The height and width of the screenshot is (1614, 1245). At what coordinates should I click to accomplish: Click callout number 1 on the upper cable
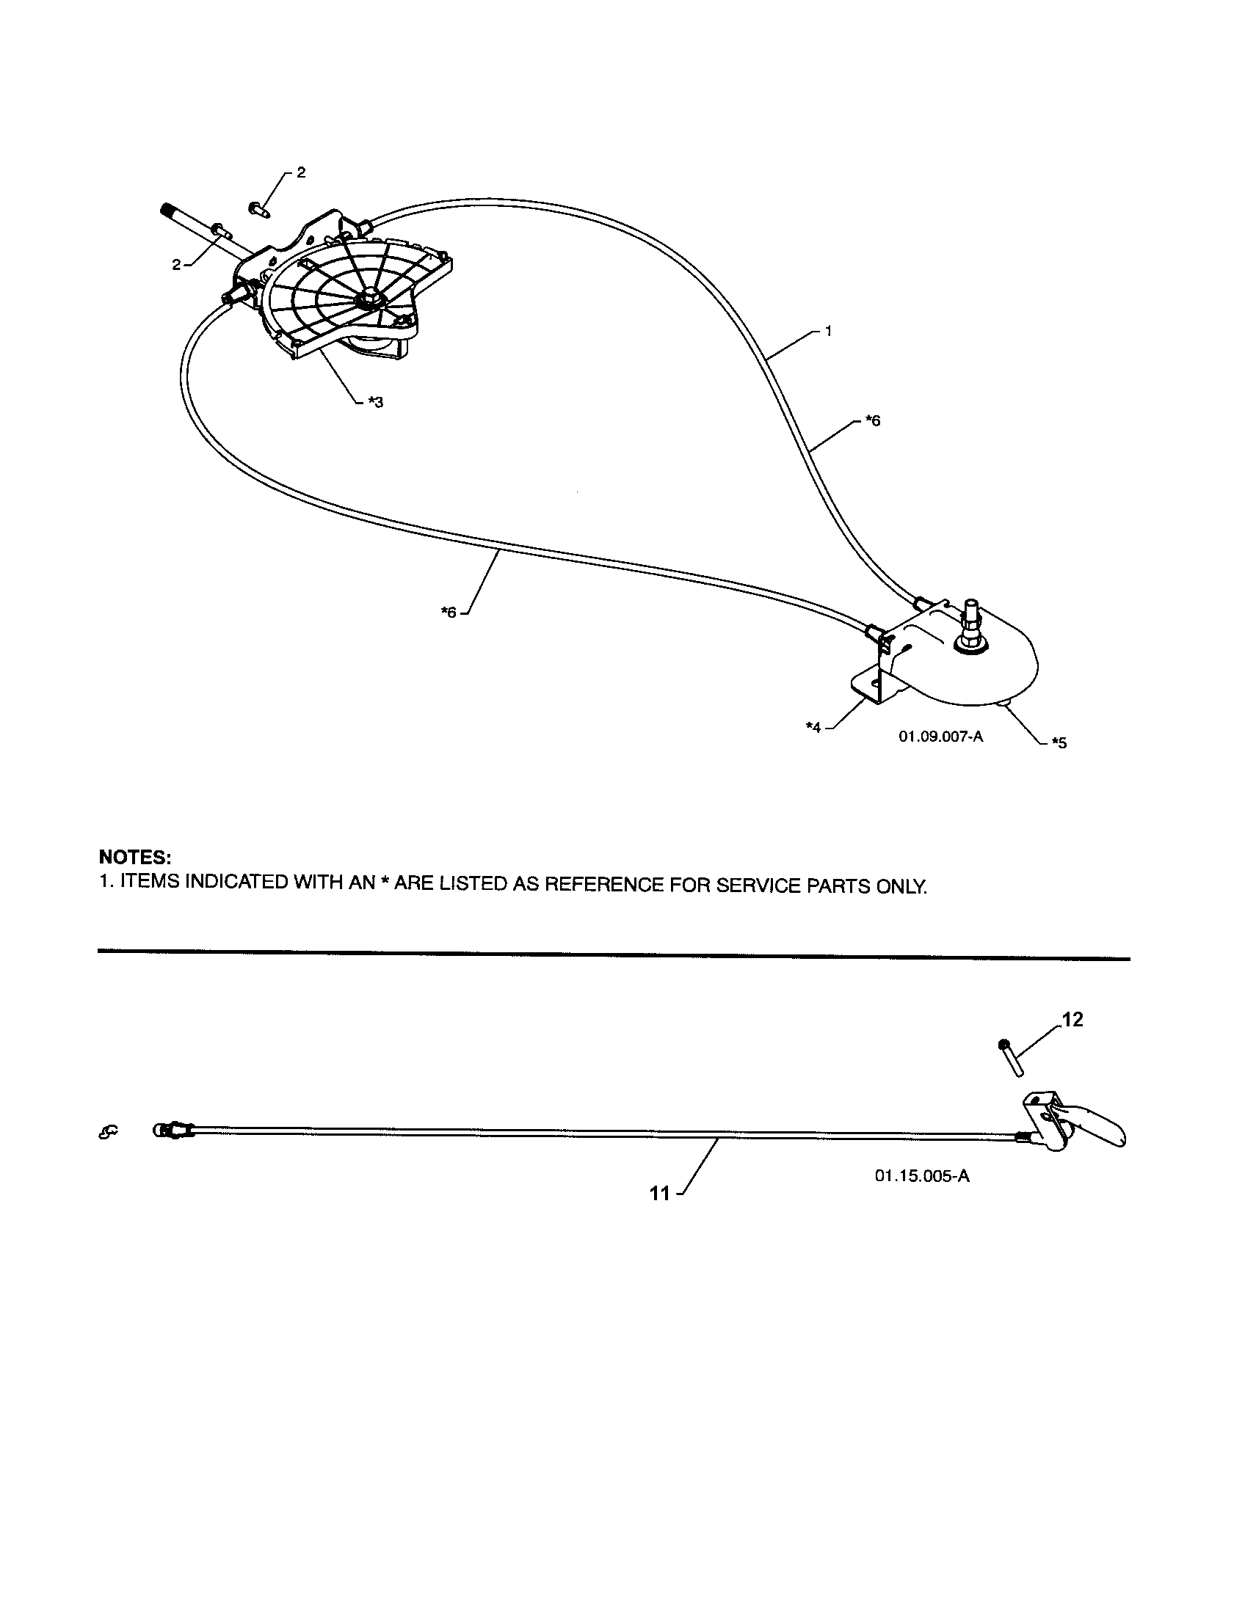(828, 331)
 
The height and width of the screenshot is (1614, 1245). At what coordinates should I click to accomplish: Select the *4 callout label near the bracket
(813, 727)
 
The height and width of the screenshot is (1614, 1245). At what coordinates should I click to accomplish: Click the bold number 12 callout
(1072, 1019)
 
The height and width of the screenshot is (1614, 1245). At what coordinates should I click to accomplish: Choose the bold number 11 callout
(659, 1193)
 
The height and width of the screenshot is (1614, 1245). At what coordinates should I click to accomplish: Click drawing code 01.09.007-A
(940, 736)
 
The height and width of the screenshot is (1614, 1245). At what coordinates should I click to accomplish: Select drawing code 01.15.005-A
(922, 1176)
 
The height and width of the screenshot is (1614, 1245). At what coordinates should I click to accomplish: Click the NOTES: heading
(135, 857)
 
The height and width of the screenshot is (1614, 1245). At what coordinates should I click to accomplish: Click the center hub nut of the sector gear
(368, 299)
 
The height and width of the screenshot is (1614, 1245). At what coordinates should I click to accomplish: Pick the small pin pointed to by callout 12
(1009, 1056)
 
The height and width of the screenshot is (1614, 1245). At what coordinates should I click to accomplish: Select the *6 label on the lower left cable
(449, 611)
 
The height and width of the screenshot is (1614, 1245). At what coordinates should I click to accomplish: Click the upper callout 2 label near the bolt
(300, 172)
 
